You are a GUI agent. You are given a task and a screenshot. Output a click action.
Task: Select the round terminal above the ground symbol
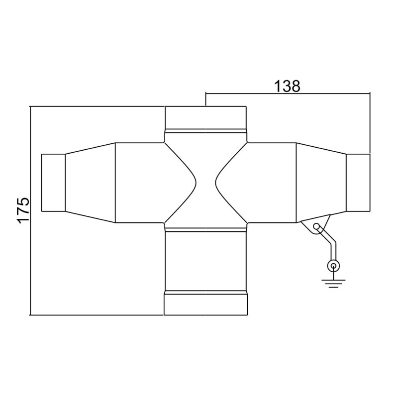click(x=332, y=266)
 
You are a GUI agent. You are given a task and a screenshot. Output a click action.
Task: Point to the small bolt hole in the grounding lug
click(x=316, y=227)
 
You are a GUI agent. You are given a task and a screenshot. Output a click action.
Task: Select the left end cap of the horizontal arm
click(x=53, y=183)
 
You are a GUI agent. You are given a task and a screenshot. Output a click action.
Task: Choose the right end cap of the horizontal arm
click(x=358, y=183)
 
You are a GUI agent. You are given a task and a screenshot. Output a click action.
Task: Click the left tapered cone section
click(x=90, y=183)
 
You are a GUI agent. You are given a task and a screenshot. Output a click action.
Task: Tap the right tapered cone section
click(x=321, y=183)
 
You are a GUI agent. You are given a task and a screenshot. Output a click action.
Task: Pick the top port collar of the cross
click(x=205, y=118)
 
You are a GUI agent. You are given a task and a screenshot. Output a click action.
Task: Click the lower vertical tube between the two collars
click(x=205, y=261)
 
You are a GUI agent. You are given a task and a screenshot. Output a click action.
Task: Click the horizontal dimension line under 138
click(x=287, y=93)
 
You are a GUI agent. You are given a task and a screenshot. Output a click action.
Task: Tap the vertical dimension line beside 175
click(x=31, y=211)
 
